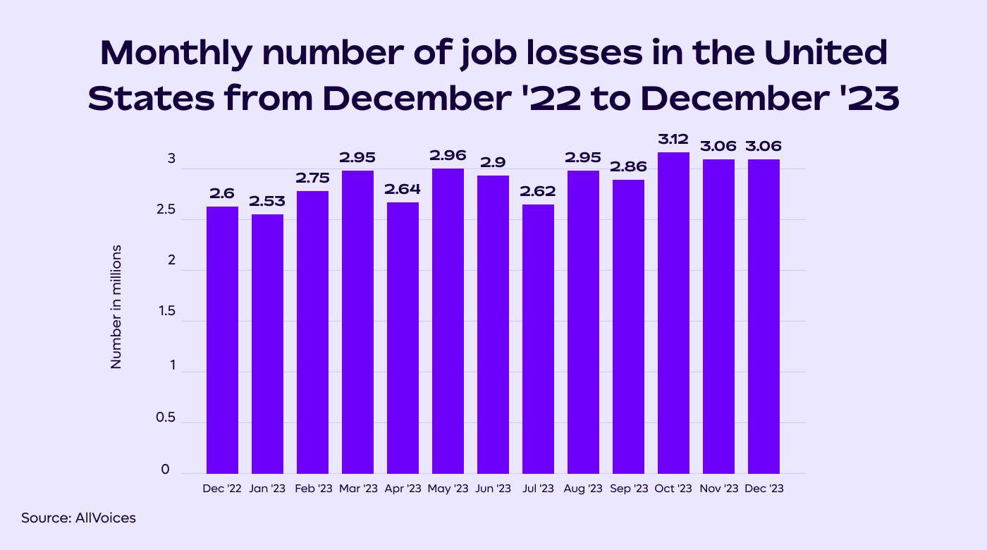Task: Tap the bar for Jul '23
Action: (x=538, y=338)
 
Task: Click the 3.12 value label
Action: (x=673, y=140)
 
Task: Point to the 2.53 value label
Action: (x=267, y=202)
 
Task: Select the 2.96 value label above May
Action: (x=448, y=156)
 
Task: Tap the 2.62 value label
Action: (x=538, y=192)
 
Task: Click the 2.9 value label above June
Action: (x=493, y=163)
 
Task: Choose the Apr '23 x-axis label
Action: (x=403, y=489)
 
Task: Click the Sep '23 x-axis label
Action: (x=628, y=489)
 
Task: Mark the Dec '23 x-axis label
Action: (x=764, y=489)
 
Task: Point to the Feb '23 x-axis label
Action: (x=312, y=489)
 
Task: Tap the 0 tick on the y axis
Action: (x=165, y=470)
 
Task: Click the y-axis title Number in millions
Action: (x=116, y=307)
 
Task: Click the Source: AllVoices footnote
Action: (x=78, y=518)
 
